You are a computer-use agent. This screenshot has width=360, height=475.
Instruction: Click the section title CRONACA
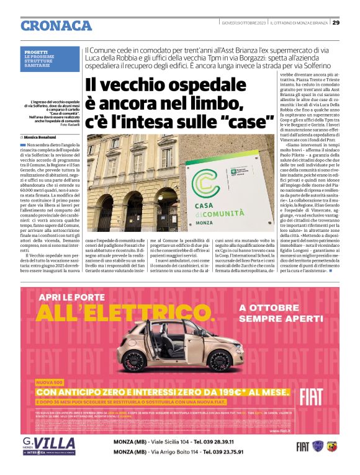coord(56,25)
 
